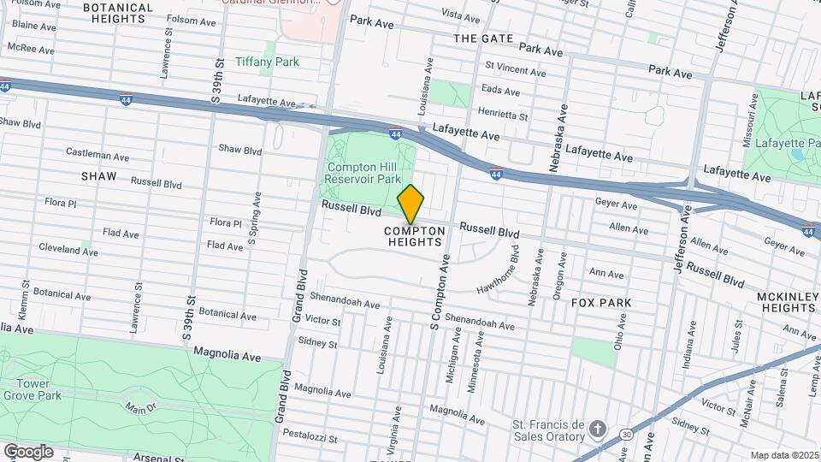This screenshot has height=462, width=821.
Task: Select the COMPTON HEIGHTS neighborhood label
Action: (415, 237)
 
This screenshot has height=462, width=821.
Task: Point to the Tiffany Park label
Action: (267, 62)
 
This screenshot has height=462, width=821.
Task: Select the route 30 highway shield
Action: (627, 435)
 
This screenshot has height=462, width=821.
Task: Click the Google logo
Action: (28, 451)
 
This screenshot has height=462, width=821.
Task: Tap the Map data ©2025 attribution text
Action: (783, 455)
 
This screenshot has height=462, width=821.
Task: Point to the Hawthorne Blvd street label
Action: (499, 272)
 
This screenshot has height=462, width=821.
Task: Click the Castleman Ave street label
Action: (97, 152)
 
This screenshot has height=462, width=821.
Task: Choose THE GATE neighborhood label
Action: (483, 38)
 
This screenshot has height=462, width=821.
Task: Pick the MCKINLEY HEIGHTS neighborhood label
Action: (788, 302)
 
